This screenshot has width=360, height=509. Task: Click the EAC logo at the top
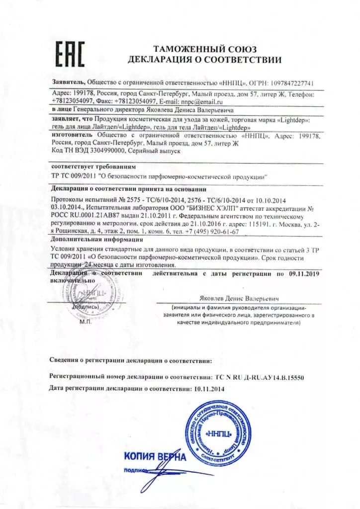pos(70,53)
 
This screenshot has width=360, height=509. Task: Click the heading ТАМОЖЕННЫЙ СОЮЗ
pos(204,49)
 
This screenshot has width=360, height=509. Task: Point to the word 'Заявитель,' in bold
pos(69,83)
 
